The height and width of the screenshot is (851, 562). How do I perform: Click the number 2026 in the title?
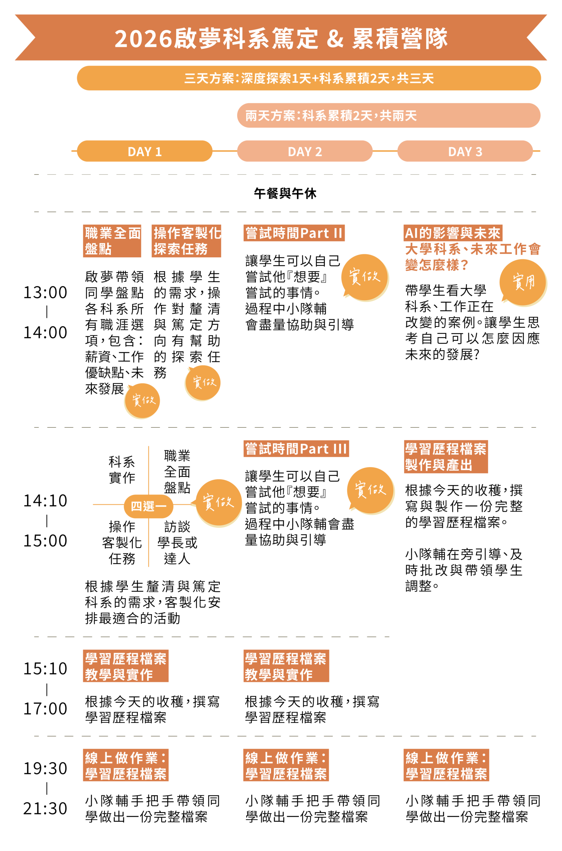tap(143, 39)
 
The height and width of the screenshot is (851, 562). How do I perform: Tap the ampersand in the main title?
tap(335, 39)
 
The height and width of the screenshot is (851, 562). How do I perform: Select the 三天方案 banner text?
tap(309, 78)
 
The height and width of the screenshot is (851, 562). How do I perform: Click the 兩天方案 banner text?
tap(331, 116)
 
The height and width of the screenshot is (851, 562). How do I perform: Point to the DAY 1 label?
tap(145, 152)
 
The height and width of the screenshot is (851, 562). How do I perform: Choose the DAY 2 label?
tap(305, 152)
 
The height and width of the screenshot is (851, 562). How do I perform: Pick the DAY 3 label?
tap(465, 152)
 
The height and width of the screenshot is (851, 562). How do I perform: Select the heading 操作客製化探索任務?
tap(188, 241)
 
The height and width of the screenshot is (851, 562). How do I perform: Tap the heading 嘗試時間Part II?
tap(294, 233)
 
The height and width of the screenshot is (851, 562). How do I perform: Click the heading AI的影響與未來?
tap(452, 233)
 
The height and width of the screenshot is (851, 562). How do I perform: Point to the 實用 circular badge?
tap(523, 282)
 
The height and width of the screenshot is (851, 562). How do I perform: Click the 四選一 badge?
tap(148, 506)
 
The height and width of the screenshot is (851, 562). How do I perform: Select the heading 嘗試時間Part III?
tap(296, 449)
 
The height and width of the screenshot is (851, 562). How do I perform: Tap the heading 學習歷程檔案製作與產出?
tap(446, 457)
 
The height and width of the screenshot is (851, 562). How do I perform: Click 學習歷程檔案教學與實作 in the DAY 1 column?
tap(126, 667)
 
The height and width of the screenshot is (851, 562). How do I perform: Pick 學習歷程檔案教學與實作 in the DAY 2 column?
tap(286, 667)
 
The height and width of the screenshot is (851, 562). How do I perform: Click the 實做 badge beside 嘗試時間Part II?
tap(365, 277)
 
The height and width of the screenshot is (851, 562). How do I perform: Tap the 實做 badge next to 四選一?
tap(218, 502)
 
